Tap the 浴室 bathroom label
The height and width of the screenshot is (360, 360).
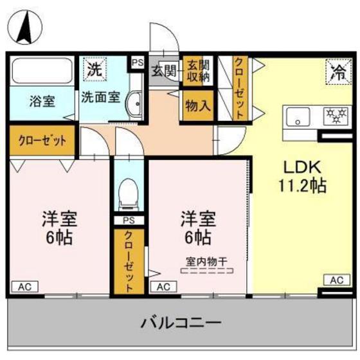click(41, 100)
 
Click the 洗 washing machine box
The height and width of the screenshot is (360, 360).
click(94, 69)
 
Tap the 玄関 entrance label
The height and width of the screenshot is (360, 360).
click(163, 71)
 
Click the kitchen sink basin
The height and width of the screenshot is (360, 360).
click(298, 117)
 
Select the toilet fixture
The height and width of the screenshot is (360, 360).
click(129, 193)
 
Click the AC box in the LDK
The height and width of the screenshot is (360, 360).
click(336, 280)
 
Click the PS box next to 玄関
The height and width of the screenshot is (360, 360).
click(137, 62)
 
